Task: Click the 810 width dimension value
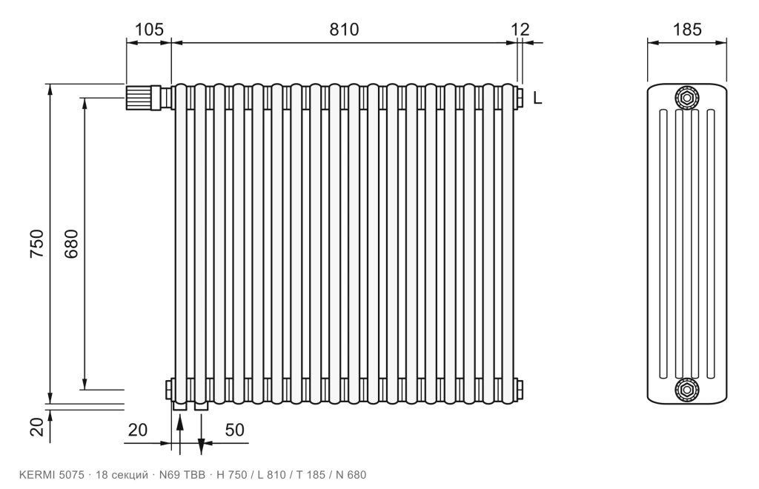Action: point(344,30)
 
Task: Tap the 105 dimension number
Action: point(149,30)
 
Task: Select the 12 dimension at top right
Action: point(521,30)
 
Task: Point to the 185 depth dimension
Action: point(687,30)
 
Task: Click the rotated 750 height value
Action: point(37,243)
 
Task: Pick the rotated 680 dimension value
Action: point(71,243)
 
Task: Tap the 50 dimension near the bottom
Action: point(235,430)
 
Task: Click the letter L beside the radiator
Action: point(537,99)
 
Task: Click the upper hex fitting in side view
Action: point(687,99)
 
